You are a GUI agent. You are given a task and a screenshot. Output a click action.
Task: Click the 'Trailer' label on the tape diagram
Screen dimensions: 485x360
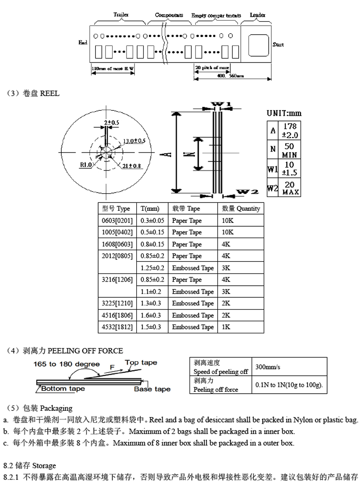tap(121, 14)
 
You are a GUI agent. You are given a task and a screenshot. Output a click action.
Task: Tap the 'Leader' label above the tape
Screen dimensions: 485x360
tap(257, 15)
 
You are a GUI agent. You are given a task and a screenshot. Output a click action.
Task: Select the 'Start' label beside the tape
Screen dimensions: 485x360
tap(278, 45)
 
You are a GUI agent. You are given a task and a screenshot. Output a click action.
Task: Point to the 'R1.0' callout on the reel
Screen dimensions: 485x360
tap(86, 165)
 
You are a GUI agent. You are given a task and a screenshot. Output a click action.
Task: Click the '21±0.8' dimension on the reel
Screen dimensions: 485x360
tap(131, 166)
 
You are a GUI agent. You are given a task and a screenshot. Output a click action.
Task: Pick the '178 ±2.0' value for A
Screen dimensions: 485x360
tap(290, 131)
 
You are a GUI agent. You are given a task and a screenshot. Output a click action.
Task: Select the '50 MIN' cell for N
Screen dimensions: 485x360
tap(290, 150)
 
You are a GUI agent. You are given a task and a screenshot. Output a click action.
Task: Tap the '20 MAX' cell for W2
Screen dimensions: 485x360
tap(289, 188)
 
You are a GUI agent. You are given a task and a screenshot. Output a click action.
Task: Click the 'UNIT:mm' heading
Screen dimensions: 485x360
tap(284, 113)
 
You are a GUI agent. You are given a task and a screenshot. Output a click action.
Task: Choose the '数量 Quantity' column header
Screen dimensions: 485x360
tap(241, 209)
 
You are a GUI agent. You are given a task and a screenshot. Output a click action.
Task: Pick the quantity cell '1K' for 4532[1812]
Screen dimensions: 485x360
tap(225, 327)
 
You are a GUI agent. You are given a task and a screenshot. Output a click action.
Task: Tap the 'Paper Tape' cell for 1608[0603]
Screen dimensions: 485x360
tap(187, 244)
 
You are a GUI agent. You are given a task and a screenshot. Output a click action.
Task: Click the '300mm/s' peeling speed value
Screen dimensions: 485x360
tap(267, 367)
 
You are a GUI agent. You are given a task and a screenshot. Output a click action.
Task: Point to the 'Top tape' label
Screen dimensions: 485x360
tap(141, 363)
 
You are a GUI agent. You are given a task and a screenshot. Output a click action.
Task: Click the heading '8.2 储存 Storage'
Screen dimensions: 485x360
tap(30, 465)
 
